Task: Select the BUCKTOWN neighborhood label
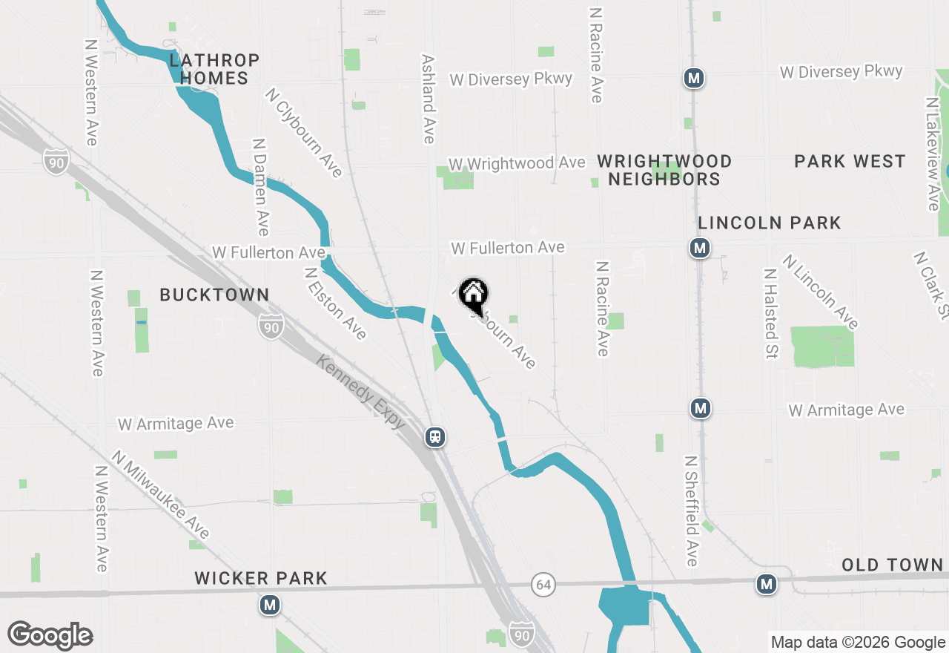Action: click(214, 295)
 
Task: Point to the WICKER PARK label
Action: click(261, 578)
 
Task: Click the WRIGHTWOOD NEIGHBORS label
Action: click(664, 170)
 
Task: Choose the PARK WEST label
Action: click(850, 161)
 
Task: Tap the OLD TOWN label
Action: click(892, 565)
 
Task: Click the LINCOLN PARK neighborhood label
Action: click(770, 223)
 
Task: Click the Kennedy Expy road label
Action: click(361, 391)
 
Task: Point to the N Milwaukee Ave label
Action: click(160, 494)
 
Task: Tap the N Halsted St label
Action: click(771, 313)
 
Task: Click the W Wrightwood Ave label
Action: click(517, 163)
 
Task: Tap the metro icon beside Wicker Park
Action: click(270, 606)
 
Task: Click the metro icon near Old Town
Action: click(767, 585)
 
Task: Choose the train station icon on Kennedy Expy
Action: click(435, 437)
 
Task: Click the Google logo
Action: click(50, 636)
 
